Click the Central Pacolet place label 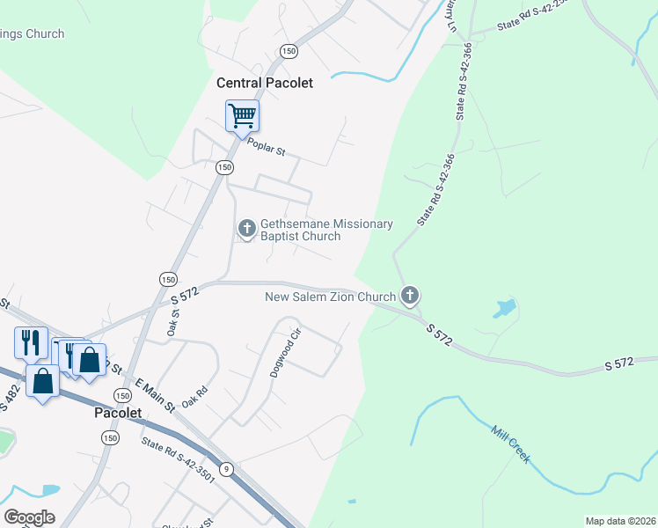click(x=265, y=83)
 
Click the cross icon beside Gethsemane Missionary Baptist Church click(x=247, y=229)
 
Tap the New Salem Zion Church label click(x=330, y=297)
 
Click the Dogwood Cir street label click(x=285, y=351)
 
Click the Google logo click(x=29, y=517)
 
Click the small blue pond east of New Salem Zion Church click(x=504, y=308)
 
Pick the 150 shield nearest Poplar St click(x=224, y=167)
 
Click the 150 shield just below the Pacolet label click(x=110, y=438)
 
